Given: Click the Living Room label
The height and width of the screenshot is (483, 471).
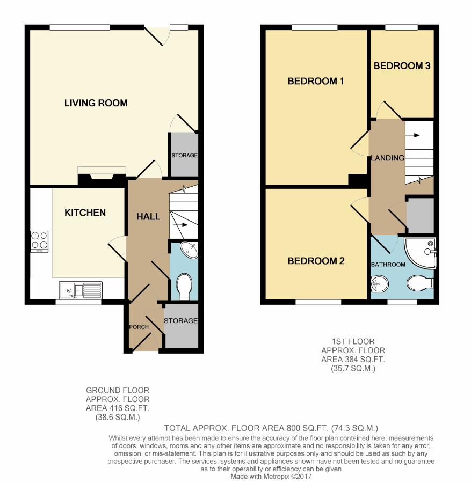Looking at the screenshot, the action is pyautogui.click(x=96, y=103).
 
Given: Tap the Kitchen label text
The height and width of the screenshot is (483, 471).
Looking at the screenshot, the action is pyautogui.click(x=85, y=213).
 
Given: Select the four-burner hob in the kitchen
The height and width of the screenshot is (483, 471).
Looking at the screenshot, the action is pyautogui.click(x=39, y=241).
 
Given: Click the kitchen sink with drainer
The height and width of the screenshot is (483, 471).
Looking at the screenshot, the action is pyautogui.click(x=81, y=290).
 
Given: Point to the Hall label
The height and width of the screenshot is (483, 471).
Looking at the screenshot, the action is pyautogui.click(x=148, y=217).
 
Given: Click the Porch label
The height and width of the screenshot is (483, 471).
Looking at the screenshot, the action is pyautogui.click(x=139, y=327).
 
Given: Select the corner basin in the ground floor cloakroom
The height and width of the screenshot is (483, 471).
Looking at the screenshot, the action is pyautogui.click(x=189, y=250).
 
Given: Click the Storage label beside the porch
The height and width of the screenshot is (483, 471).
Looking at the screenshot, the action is pyautogui.click(x=180, y=321).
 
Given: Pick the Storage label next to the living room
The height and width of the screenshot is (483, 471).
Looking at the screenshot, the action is pyautogui.click(x=184, y=155).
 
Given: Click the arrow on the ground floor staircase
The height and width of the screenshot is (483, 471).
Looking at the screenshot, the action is pyautogui.click(x=180, y=225).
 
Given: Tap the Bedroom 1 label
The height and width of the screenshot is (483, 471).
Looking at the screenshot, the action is pyautogui.click(x=316, y=81).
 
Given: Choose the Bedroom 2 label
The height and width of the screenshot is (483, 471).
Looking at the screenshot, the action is pyautogui.click(x=316, y=261).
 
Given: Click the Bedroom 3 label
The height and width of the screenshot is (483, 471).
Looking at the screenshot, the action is pyautogui.click(x=402, y=65).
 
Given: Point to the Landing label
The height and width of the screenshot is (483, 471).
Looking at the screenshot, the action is pyautogui.click(x=387, y=158).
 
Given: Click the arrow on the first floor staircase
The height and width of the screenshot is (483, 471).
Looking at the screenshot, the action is pyautogui.click(x=412, y=135).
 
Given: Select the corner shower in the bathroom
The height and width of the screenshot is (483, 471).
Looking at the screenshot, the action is pyautogui.click(x=420, y=253).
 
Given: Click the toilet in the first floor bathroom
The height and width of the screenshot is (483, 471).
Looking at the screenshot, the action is pyautogui.click(x=420, y=283).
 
